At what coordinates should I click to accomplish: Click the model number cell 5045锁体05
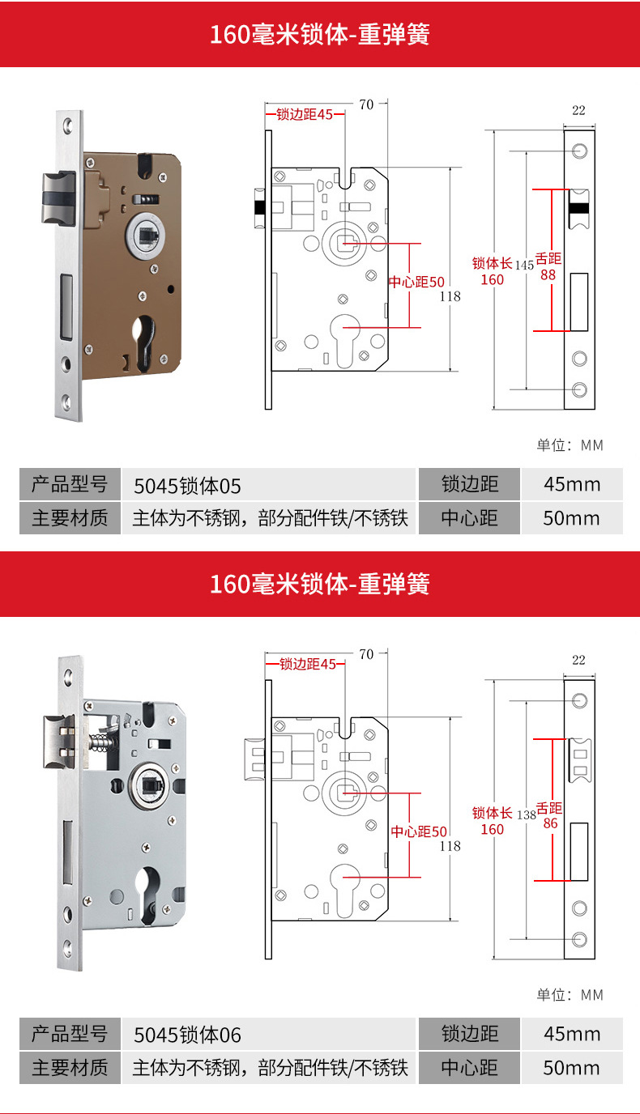click(x=188, y=485)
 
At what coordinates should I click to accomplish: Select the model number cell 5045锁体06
click(x=188, y=1035)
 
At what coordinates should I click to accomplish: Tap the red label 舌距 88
click(x=548, y=266)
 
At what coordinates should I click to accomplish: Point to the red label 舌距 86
click(x=550, y=816)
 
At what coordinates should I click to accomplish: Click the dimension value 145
click(x=523, y=265)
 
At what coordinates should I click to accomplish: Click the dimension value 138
click(x=527, y=814)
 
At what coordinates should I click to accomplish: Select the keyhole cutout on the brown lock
click(x=143, y=341)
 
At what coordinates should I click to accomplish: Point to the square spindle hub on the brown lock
click(x=145, y=235)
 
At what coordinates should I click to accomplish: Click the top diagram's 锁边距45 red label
click(x=305, y=115)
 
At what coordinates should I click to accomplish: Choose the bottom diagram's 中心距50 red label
click(x=419, y=831)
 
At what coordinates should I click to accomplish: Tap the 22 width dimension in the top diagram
click(x=578, y=110)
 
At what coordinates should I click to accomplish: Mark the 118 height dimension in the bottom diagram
click(x=450, y=846)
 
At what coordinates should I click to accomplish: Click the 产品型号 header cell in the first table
click(x=70, y=485)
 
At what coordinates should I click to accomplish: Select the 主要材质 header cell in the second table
click(x=70, y=1068)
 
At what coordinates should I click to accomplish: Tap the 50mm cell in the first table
click(x=571, y=518)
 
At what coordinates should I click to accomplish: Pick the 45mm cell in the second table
click(x=571, y=1034)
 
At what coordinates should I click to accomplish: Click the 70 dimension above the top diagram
click(x=366, y=104)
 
